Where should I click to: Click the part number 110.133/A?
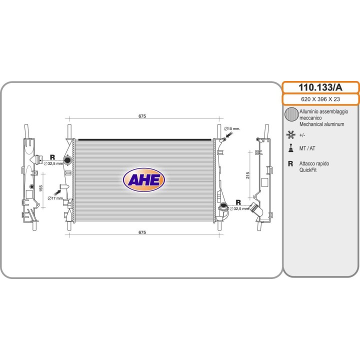320,87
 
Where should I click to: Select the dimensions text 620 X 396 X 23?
320,99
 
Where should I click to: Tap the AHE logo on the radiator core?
144,180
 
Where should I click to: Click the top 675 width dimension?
142,116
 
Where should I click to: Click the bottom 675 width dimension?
142,232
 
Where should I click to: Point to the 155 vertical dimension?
41,188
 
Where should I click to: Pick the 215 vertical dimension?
247,175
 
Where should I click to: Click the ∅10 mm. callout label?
232,128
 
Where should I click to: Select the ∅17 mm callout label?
55,198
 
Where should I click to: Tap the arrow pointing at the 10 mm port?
229,134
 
